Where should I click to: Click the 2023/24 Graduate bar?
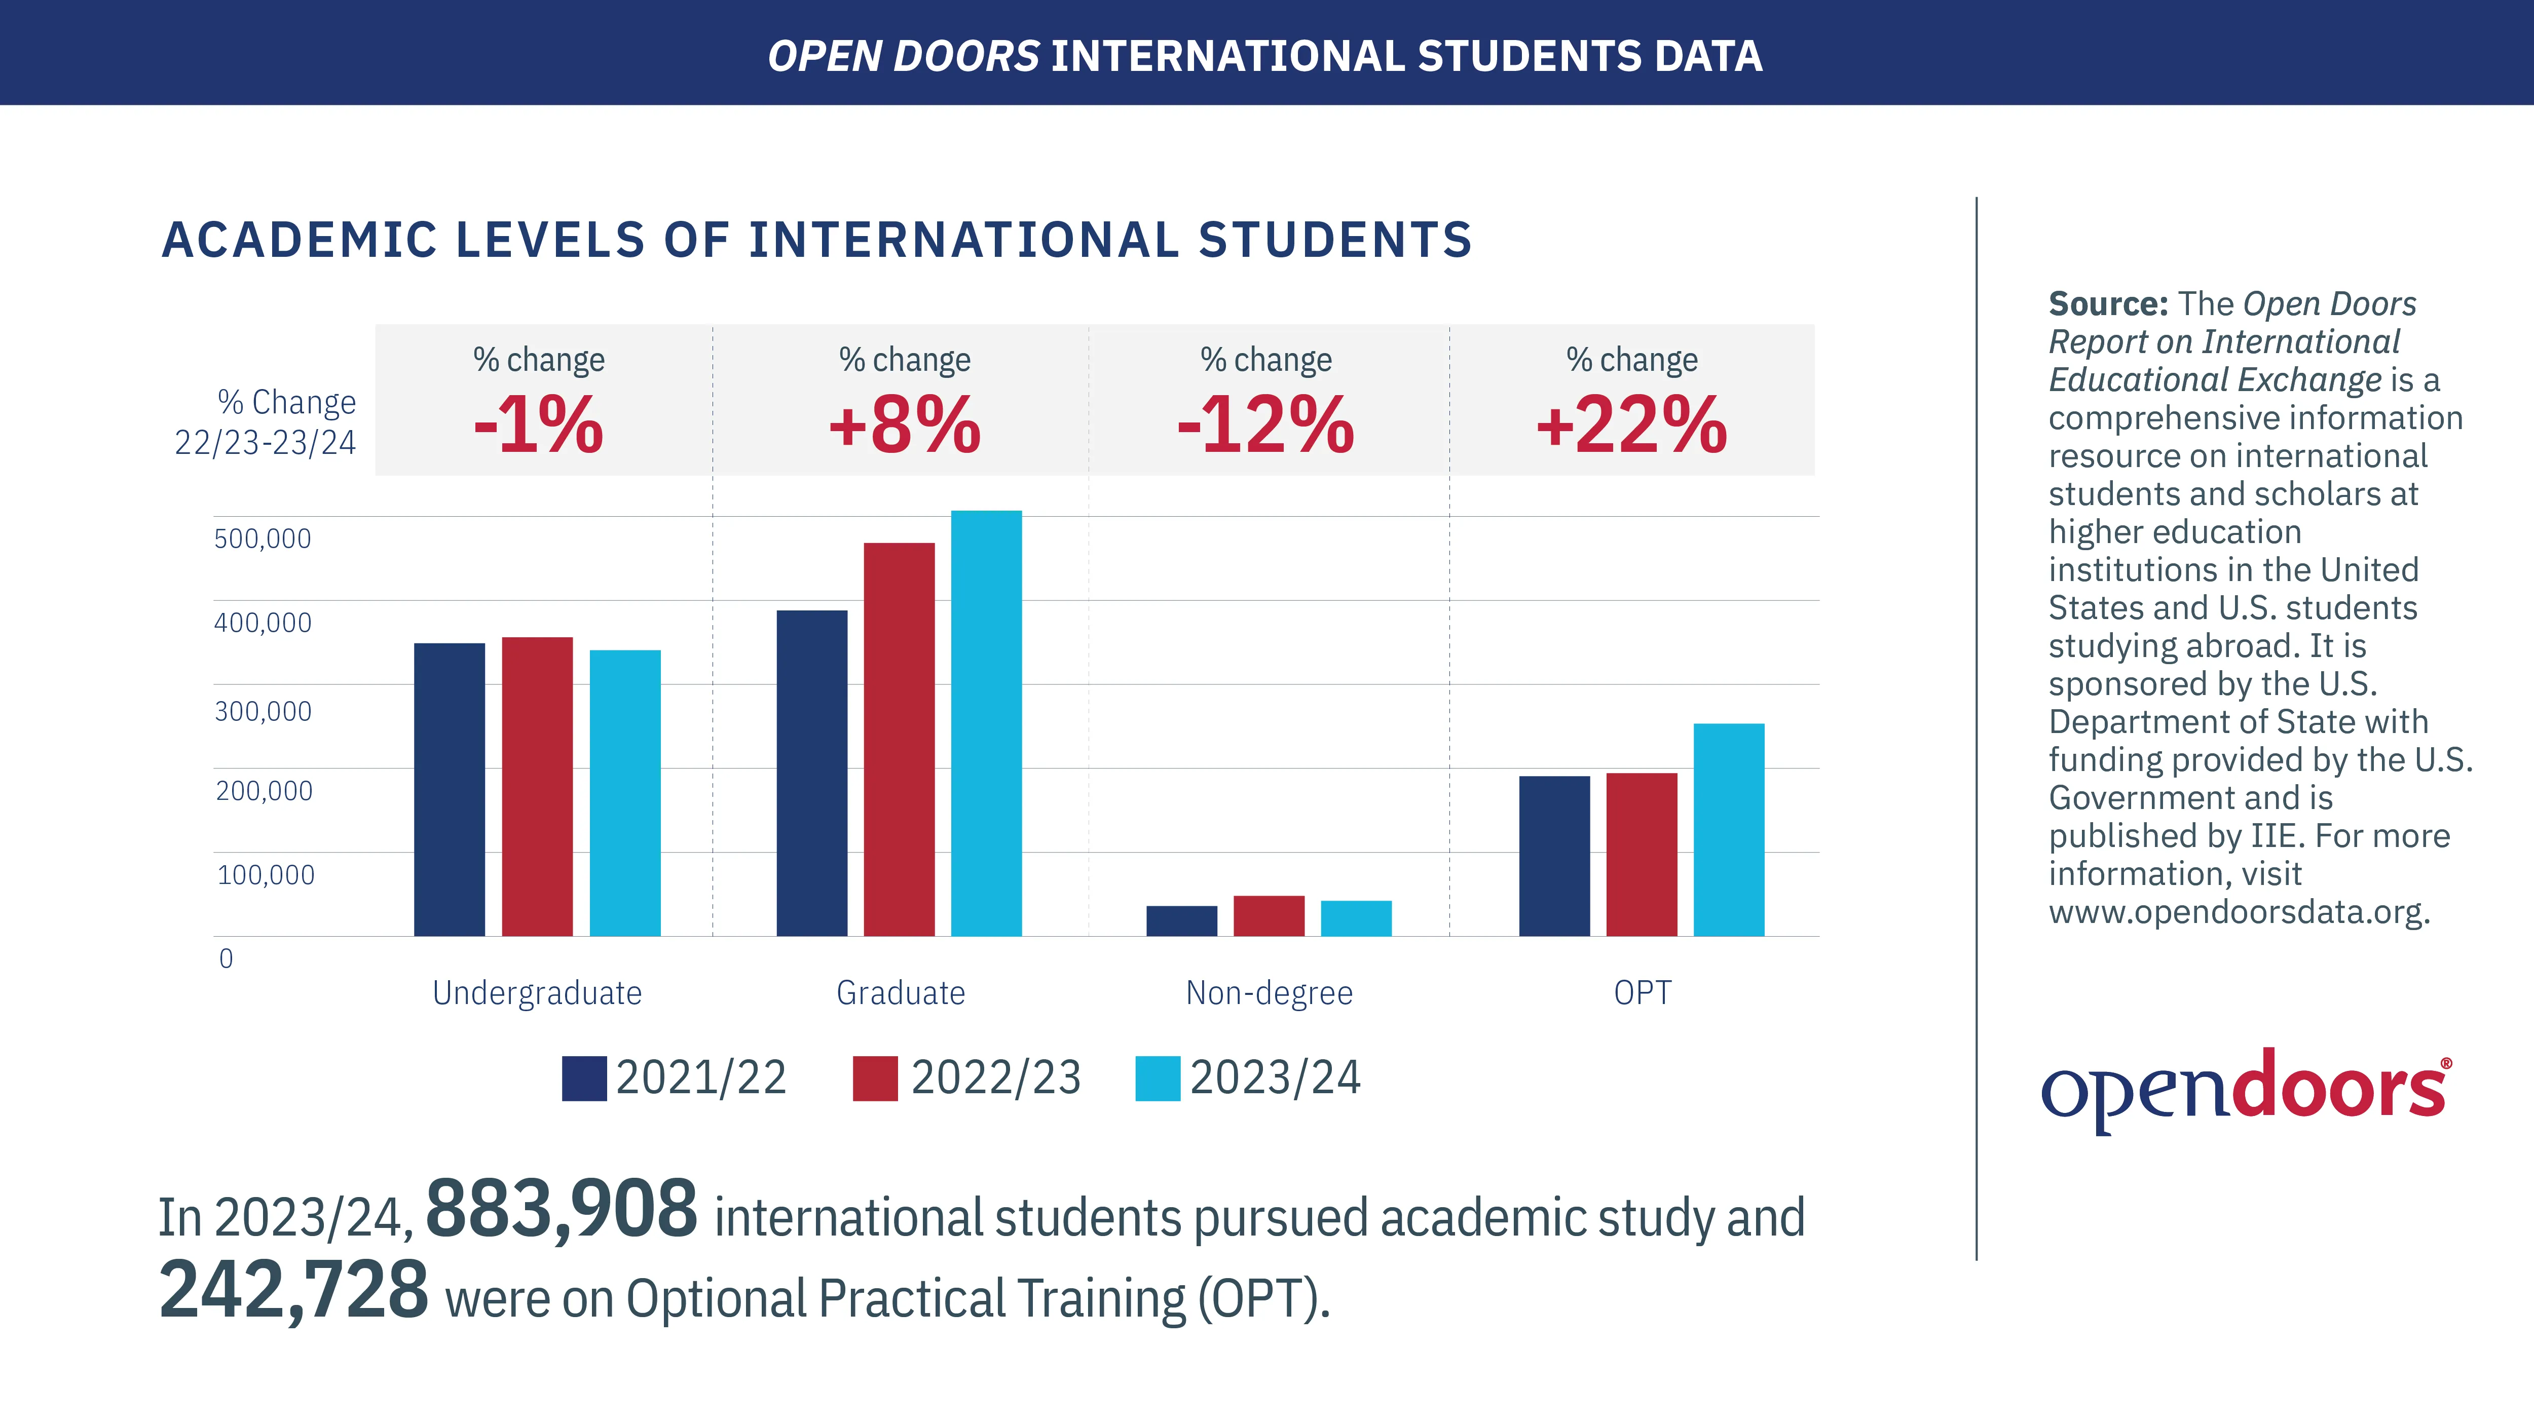tap(986, 723)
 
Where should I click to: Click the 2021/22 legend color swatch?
tap(583, 1078)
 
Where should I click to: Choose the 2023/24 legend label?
tap(1275, 1078)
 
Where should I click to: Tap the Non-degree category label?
tap(1269, 993)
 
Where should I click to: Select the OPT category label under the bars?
tap(1642, 993)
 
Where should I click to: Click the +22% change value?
tap(1631, 425)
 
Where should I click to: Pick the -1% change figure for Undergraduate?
tap(538, 425)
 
